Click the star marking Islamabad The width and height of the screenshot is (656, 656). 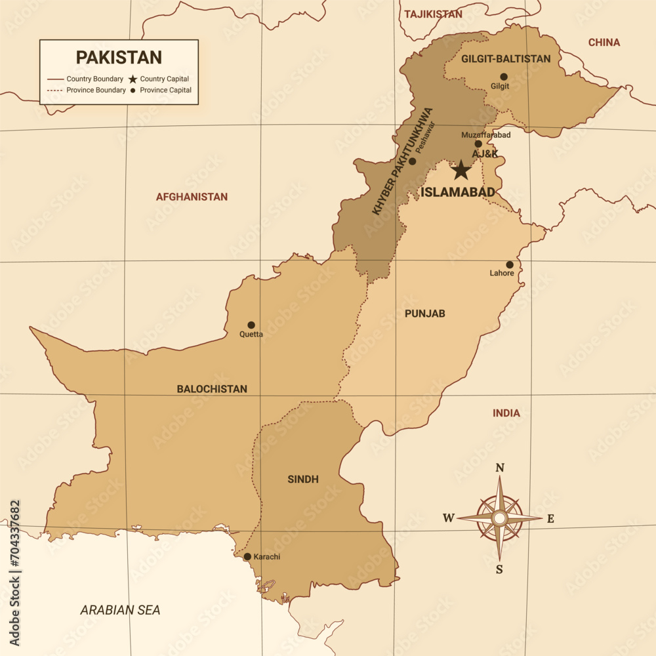pyautogui.click(x=461, y=170)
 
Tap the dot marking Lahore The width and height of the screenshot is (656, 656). pyautogui.click(x=510, y=265)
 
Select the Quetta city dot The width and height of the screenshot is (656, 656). pyautogui.click(x=251, y=325)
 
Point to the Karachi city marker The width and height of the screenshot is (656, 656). pyautogui.click(x=247, y=556)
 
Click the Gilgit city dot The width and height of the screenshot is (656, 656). pyautogui.click(x=503, y=77)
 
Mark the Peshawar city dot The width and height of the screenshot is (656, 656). pyautogui.click(x=412, y=161)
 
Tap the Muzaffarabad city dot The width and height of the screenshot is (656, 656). pyautogui.click(x=478, y=144)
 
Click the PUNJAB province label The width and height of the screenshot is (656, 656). pyautogui.click(x=424, y=314)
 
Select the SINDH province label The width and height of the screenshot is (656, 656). pyautogui.click(x=303, y=480)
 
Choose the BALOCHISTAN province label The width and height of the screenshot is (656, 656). pyautogui.click(x=212, y=389)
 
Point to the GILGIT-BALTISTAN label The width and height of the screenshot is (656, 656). pyautogui.click(x=506, y=59)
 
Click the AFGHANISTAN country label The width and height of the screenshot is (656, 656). pyautogui.click(x=192, y=197)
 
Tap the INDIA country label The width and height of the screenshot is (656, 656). pyautogui.click(x=506, y=413)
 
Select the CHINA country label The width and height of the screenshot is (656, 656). pyautogui.click(x=604, y=43)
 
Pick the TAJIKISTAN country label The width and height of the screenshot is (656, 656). pyautogui.click(x=433, y=14)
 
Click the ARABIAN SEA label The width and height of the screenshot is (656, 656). pyautogui.click(x=120, y=610)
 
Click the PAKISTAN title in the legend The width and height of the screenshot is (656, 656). pyautogui.click(x=119, y=58)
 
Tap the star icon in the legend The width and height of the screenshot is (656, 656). pyautogui.click(x=133, y=79)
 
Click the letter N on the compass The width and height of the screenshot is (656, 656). pyautogui.click(x=499, y=468)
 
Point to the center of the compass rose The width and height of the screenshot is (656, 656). pyautogui.click(x=499, y=518)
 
